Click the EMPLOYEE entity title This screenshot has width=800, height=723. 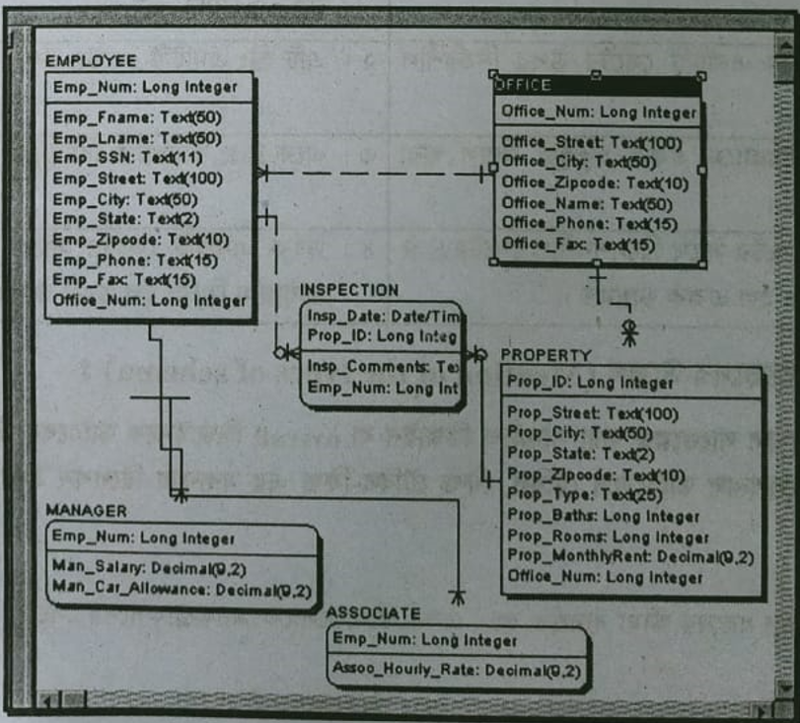(x=91, y=61)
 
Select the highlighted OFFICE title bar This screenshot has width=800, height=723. (x=596, y=86)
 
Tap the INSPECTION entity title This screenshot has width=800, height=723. (x=349, y=290)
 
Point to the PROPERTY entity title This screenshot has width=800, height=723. (x=545, y=355)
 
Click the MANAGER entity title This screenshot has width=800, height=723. (x=87, y=511)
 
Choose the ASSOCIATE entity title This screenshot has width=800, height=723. (x=373, y=614)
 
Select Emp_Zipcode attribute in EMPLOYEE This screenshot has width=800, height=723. (x=140, y=240)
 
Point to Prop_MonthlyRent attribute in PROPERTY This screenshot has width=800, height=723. (x=630, y=557)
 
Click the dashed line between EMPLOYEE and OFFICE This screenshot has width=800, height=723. (x=375, y=175)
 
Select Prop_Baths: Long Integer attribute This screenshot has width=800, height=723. (x=604, y=516)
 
